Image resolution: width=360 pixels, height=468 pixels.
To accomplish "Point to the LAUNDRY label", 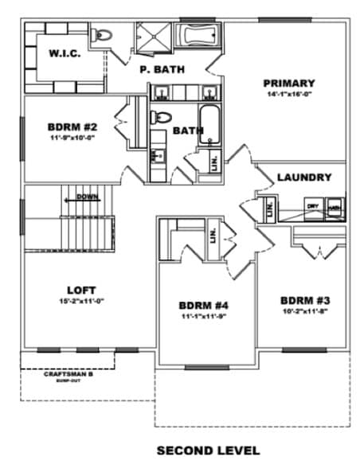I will coord(303,177).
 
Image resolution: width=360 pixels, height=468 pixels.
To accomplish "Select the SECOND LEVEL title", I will coord(208,450).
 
